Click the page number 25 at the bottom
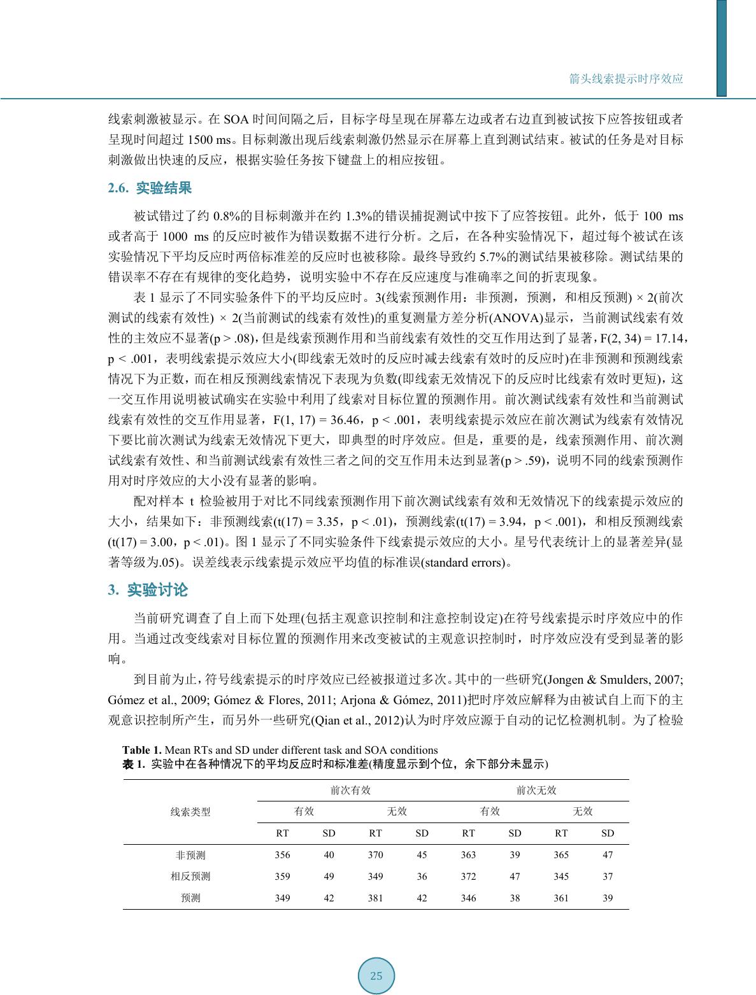point(376,976)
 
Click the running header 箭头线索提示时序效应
point(625,79)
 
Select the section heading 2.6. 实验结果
point(150,188)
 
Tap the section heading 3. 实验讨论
point(148,590)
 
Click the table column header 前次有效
point(350,790)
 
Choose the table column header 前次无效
point(536,790)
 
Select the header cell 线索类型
point(190,812)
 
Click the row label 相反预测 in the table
point(190,877)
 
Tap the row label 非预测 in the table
point(190,855)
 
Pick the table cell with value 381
point(375,898)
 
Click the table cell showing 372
point(468,877)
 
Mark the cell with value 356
point(282,855)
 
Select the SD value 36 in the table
point(422,877)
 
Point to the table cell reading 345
point(561,877)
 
